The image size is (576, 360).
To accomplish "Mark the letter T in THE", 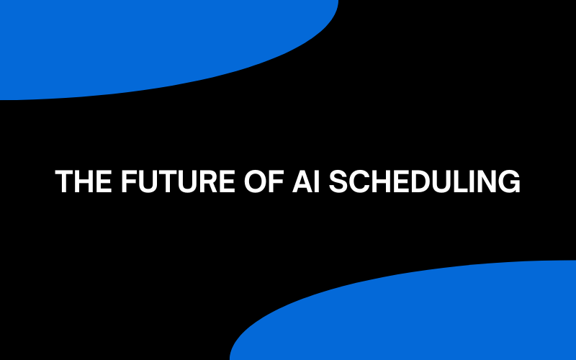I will tap(64, 181).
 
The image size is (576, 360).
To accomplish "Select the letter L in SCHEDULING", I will tap(468, 181).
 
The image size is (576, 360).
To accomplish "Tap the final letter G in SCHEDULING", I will tap(509, 181).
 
